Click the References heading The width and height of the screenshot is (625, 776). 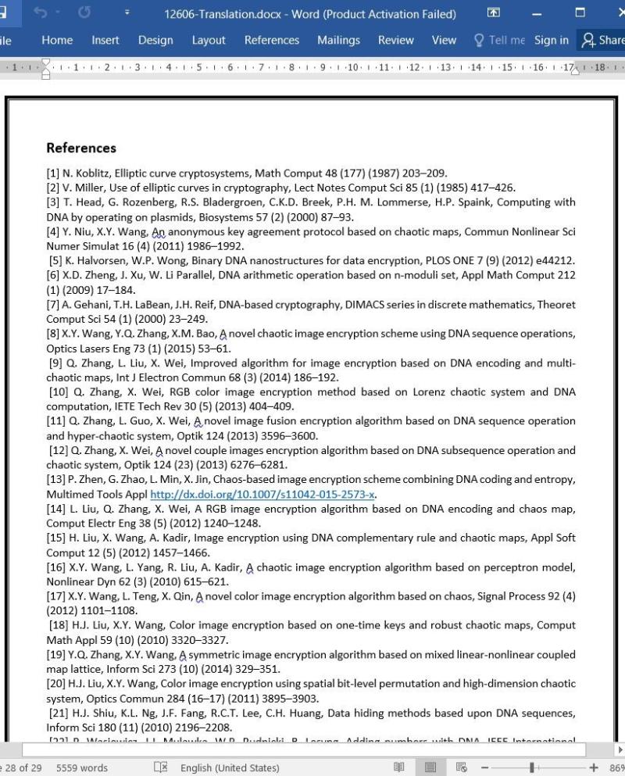81,148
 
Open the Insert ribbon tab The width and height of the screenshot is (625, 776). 105,41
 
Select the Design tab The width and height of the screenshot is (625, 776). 155,41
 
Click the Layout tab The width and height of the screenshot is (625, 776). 209,41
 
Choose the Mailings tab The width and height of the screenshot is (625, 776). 338,41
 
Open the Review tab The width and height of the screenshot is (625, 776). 396,41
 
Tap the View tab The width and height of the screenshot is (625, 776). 444,41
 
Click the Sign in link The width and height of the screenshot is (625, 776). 552,41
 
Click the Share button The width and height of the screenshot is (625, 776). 602,41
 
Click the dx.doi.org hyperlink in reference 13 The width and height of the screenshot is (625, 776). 262,495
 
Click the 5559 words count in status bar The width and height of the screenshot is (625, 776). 82,767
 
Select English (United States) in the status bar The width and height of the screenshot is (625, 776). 230,767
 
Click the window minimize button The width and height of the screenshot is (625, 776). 537,13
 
